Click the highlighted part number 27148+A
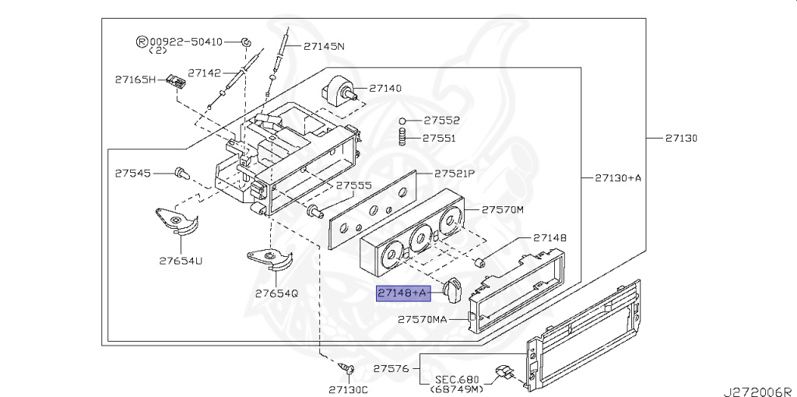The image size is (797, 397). [x=403, y=293]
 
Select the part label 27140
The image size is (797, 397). [x=384, y=88]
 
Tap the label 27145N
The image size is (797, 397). [x=324, y=46]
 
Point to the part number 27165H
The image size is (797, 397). [x=135, y=79]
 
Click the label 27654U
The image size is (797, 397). [x=181, y=262]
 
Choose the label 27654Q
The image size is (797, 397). [x=276, y=293]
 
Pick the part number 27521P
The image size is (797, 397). [x=454, y=174]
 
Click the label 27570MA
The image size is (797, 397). [x=423, y=319]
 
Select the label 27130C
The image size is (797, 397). [x=348, y=389]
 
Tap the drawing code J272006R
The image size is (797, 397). [x=760, y=392]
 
